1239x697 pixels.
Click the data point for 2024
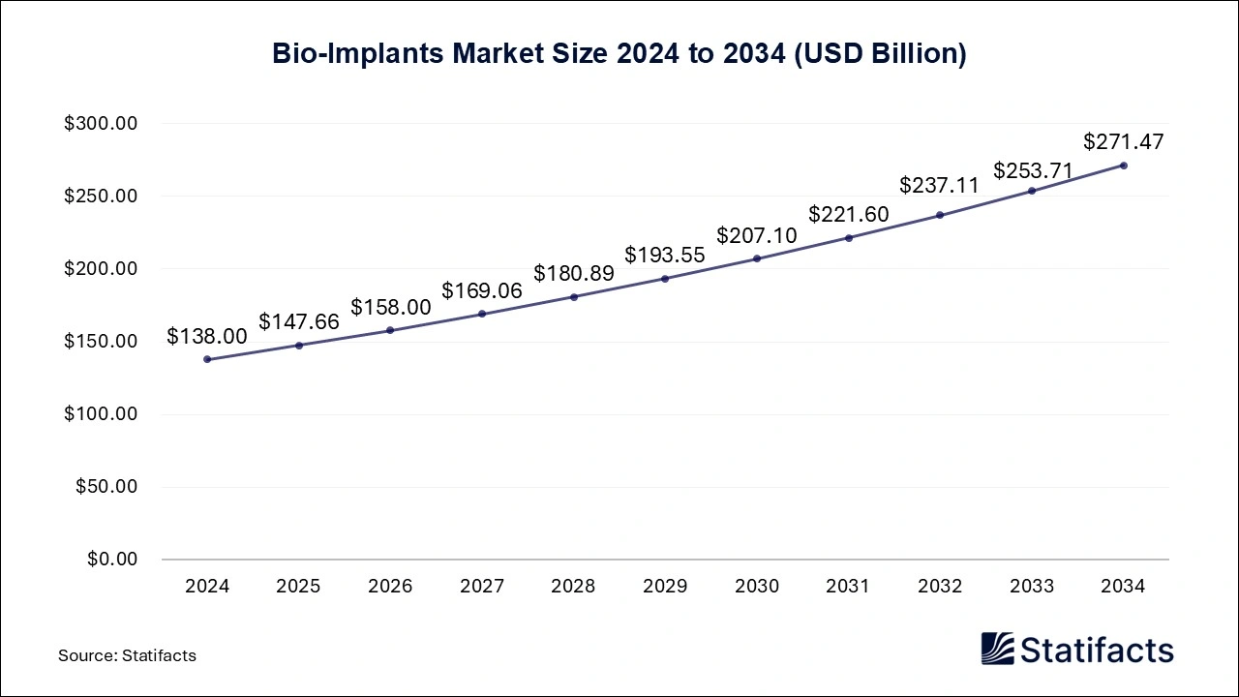pos(207,359)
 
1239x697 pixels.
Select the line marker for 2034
pos(1123,166)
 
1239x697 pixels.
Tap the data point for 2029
pos(665,279)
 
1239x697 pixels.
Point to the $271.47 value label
pos(1123,141)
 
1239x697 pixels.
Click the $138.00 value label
pos(207,336)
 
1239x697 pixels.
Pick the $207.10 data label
pos(757,235)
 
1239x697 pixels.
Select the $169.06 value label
pos(482,290)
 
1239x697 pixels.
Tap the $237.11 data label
pos(940,185)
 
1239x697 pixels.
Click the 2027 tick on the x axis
pos(482,586)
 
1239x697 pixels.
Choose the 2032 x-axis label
pos(940,586)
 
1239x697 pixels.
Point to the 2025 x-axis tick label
pos(299,586)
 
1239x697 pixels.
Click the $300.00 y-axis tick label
pos(102,124)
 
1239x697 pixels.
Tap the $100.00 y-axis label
pos(102,414)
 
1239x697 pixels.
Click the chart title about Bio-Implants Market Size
pos(619,54)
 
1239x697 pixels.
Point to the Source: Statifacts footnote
pos(127,655)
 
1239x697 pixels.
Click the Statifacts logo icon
pos(998,649)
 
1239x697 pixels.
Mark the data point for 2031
pos(849,237)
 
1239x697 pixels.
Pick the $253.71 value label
pos(1032,171)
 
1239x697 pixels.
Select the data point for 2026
pos(390,330)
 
